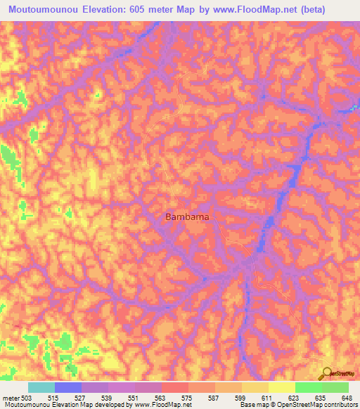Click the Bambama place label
pos(187,217)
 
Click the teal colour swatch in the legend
pos(41,387)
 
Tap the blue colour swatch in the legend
pos(68,387)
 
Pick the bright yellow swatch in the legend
pos(281,387)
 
